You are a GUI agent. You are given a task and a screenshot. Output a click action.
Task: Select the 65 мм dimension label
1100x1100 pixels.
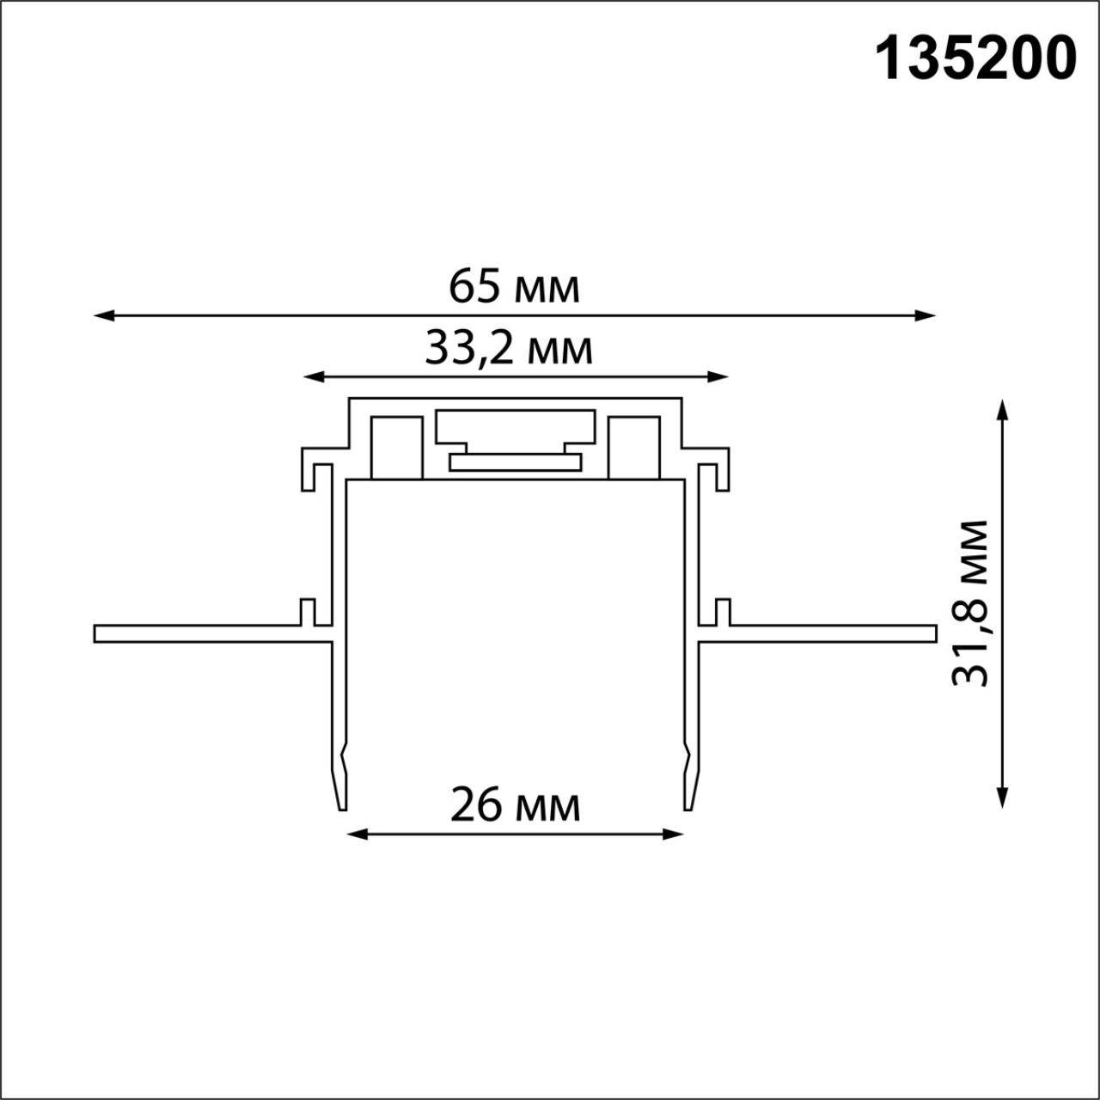(x=514, y=287)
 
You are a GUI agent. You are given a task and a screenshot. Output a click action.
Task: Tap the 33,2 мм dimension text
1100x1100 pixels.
(x=509, y=349)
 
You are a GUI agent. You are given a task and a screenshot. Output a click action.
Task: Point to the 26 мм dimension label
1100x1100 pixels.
(x=515, y=806)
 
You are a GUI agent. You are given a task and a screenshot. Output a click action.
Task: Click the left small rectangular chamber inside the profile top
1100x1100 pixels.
(x=396, y=447)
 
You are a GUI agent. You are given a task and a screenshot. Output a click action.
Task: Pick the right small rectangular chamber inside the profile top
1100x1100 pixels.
(x=633, y=447)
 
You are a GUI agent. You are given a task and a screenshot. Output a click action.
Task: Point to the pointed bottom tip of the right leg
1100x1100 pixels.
(x=688, y=804)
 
